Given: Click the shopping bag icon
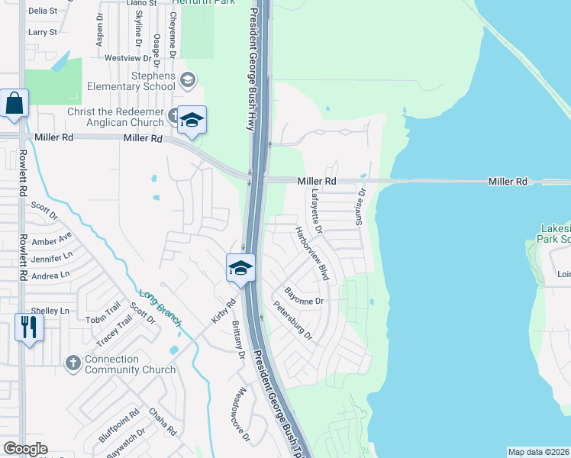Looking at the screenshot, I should click(15, 103).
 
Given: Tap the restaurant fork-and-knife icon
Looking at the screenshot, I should click(28, 327).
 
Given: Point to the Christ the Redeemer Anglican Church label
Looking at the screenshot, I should click(115, 118).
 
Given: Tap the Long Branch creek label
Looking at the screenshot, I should click(160, 308).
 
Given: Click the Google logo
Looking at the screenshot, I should click(25, 449).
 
